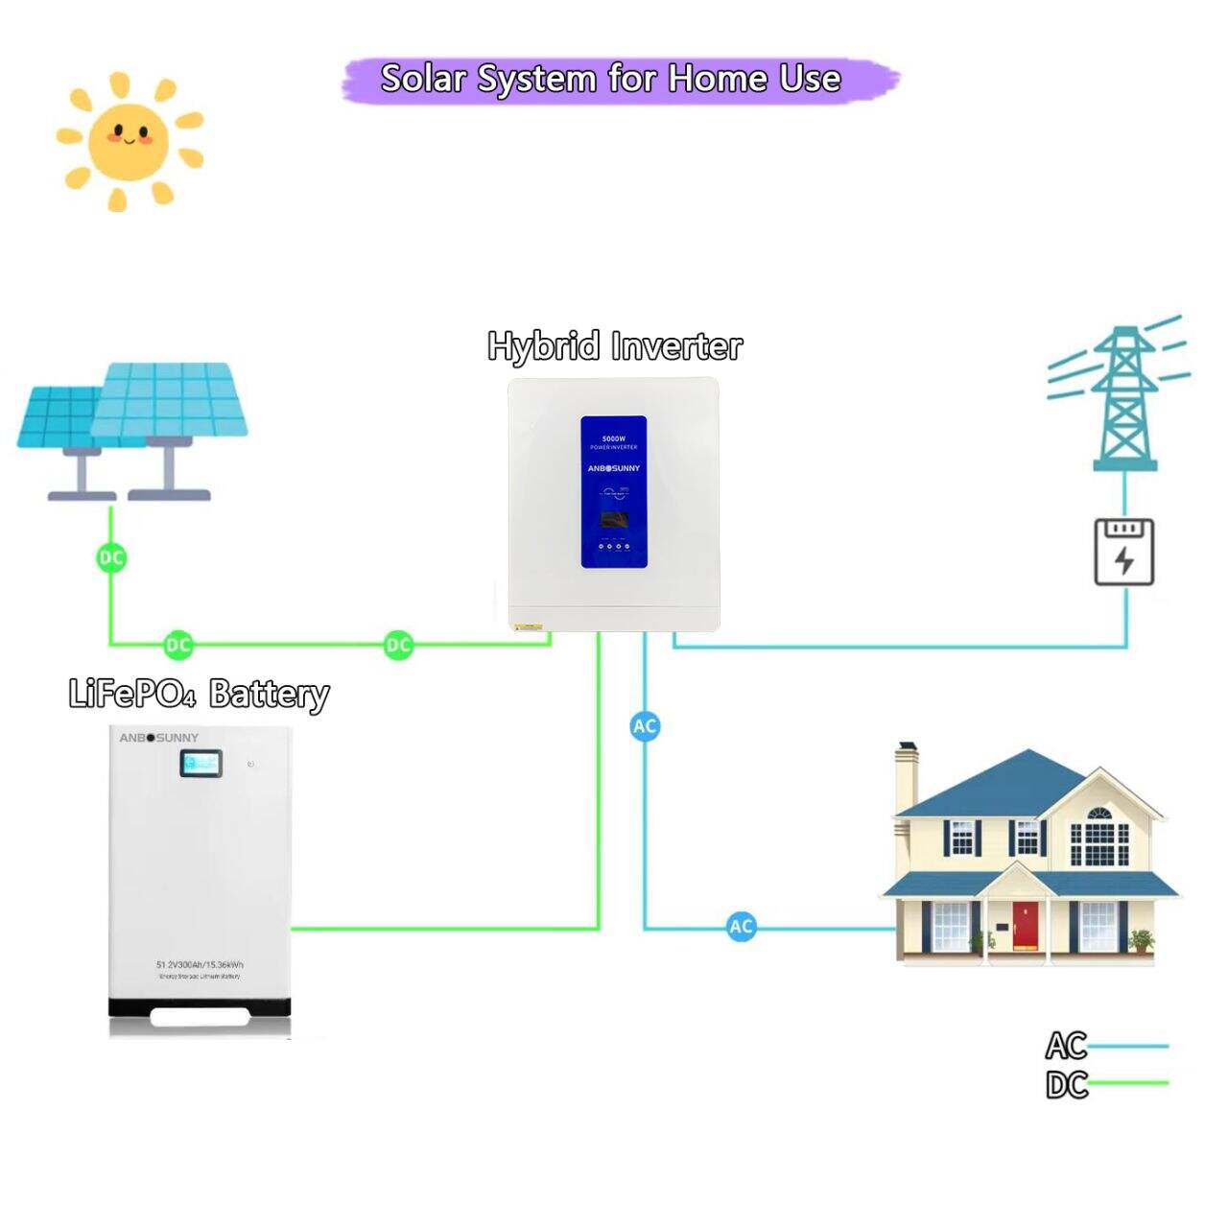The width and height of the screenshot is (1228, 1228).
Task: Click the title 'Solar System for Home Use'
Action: [611, 79]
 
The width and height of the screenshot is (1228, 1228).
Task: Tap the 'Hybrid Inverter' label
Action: [615, 345]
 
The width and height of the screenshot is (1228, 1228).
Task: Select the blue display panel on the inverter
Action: [613, 491]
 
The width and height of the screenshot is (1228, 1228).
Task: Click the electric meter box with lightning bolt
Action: [1124, 552]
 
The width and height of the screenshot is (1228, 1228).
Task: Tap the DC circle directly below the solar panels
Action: [111, 557]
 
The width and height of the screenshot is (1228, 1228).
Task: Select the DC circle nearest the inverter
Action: [398, 645]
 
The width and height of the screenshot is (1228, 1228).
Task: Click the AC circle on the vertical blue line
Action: [645, 726]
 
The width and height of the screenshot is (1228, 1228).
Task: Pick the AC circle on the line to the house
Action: [741, 927]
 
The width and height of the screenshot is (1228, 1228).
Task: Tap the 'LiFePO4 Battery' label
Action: [199, 693]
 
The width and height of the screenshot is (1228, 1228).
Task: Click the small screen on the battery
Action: [201, 764]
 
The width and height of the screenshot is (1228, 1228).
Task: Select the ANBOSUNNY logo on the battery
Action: [159, 738]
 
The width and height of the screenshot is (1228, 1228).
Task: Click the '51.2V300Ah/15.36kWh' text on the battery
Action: [200, 964]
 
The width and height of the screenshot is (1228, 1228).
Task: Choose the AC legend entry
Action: [1067, 1045]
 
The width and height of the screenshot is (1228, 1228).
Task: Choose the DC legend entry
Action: [1067, 1085]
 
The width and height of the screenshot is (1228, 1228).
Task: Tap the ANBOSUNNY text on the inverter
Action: [613, 468]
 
